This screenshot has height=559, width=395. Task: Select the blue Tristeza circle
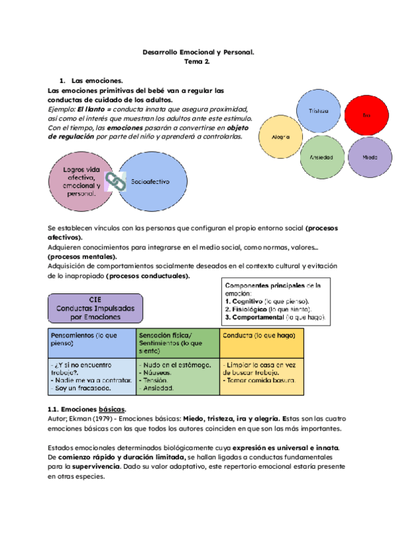coord(314,111)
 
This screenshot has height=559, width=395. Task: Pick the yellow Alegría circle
coord(280,138)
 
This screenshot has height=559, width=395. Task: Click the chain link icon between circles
coord(116,181)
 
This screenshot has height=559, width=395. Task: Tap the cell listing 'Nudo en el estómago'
coord(176,376)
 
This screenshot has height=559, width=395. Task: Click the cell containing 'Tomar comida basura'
coord(262,376)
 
